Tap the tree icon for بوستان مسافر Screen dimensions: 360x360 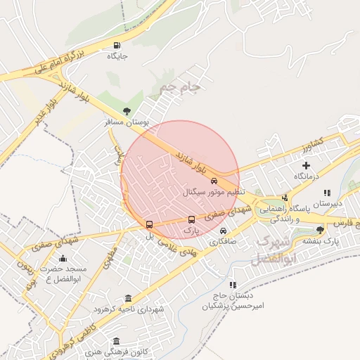(127, 111)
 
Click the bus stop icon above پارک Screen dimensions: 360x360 (191, 219)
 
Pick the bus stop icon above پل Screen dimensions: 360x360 (148, 225)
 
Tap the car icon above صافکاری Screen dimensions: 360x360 (223, 231)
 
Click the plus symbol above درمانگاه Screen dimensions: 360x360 (306, 165)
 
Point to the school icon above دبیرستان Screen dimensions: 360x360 (327, 193)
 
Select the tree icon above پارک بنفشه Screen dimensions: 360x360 (321, 230)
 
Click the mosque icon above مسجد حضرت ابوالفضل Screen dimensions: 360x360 (63, 258)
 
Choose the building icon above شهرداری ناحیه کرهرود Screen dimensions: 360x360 (127, 298)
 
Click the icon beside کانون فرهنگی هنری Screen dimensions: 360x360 (116, 341)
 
